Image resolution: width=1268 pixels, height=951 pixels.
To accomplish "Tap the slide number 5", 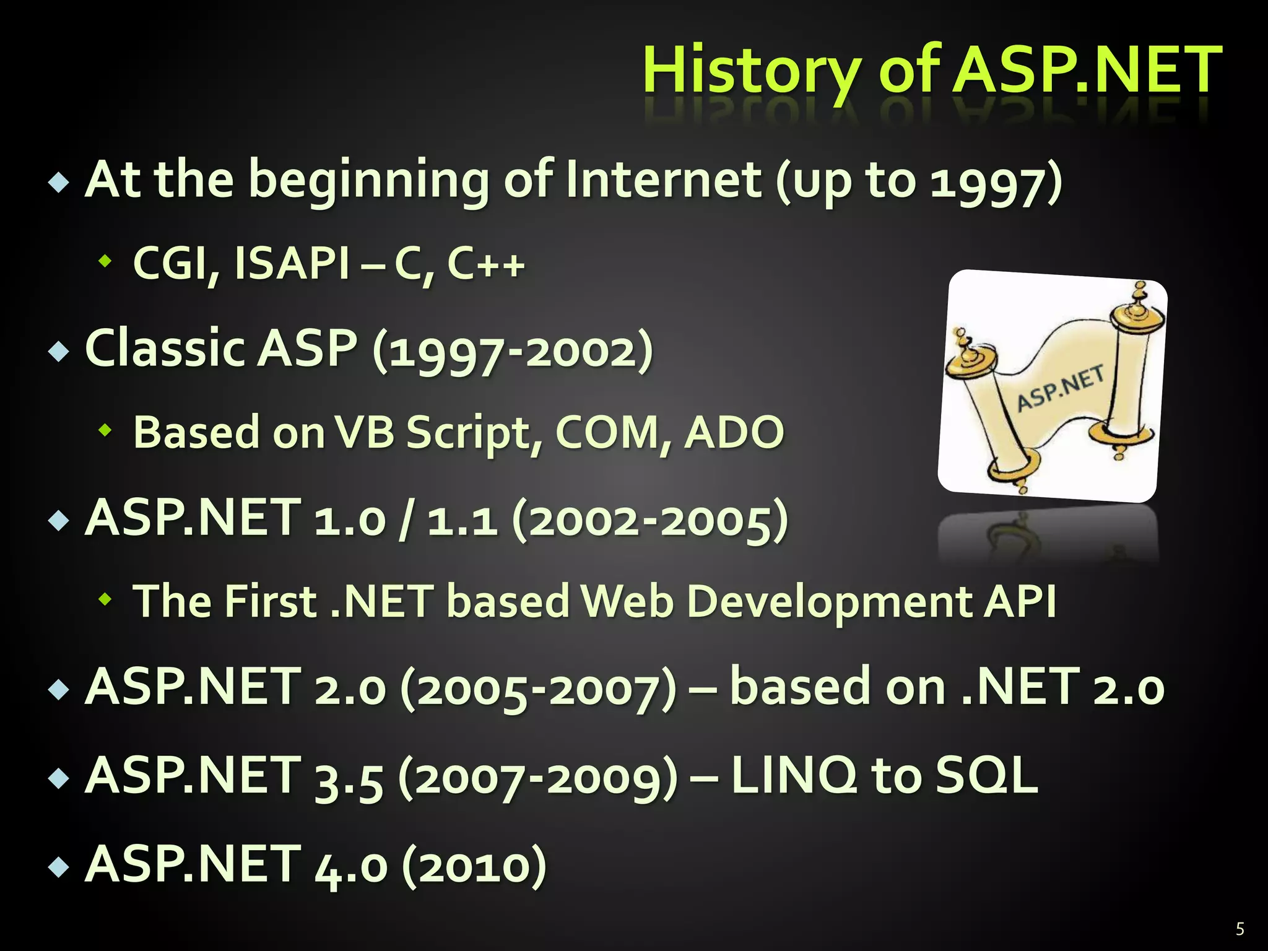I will (x=1240, y=929).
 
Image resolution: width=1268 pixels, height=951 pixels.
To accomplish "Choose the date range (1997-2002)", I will (x=513, y=350).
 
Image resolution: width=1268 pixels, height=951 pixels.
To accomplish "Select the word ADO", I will (x=734, y=432).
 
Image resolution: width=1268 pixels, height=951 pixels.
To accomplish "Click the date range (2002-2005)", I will (x=650, y=520).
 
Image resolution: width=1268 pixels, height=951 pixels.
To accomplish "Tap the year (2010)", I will (x=474, y=866).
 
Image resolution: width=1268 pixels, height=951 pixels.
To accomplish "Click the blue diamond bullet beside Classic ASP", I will (x=59, y=351).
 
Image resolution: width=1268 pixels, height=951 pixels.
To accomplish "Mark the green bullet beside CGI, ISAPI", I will (x=106, y=261).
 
